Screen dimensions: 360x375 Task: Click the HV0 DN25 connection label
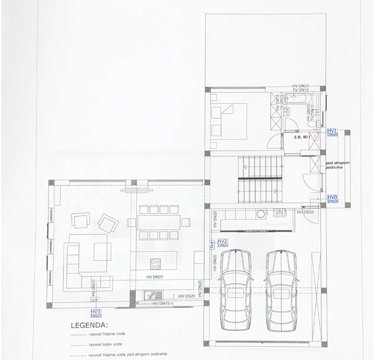(332, 199)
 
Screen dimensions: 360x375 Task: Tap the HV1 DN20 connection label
(332, 132)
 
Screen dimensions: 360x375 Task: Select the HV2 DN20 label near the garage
(222, 243)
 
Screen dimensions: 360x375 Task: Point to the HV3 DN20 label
(96, 313)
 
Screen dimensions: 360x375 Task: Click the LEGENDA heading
(89, 326)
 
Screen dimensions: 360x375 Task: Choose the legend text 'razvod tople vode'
(105, 344)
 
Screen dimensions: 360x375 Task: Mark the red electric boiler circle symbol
(315, 136)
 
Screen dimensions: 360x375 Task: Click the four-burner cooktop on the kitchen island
(155, 264)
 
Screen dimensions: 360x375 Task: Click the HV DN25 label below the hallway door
(305, 212)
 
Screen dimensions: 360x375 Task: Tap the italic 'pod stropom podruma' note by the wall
(337, 165)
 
